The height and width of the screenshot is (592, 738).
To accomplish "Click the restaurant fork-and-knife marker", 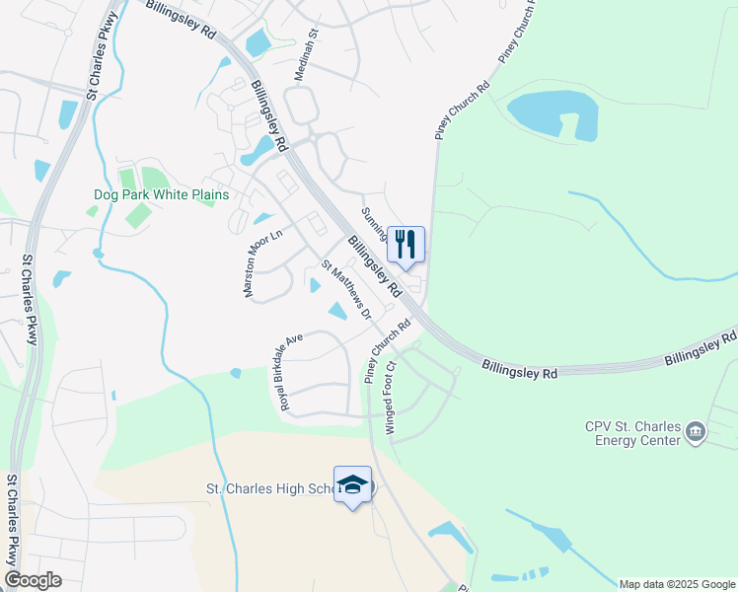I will [x=406, y=245].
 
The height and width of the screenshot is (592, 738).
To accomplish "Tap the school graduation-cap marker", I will [x=352, y=484].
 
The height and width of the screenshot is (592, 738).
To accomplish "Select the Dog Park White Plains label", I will [x=161, y=195].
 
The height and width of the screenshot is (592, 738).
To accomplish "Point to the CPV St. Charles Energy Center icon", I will [x=697, y=432].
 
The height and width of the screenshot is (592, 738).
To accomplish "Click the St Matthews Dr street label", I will [x=346, y=290].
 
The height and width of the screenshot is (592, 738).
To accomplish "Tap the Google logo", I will [x=34, y=580].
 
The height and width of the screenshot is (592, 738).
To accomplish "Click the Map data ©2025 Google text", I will [x=677, y=584].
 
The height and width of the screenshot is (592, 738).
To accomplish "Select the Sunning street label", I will [x=372, y=223].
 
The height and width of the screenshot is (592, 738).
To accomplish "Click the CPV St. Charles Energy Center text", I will [x=630, y=433].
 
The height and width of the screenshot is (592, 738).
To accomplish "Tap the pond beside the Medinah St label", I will [x=257, y=42].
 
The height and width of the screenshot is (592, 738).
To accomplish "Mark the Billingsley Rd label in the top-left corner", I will [x=182, y=18].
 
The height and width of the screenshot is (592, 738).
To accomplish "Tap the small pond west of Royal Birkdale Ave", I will [x=235, y=373].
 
